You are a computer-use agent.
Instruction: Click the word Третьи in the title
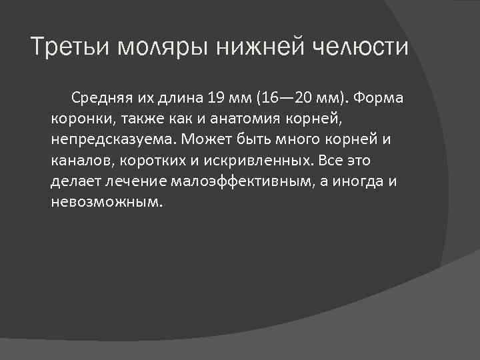click(x=72, y=48)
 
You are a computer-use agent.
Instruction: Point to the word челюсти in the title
click(x=365, y=48)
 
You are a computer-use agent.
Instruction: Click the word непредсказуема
click(x=105, y=141)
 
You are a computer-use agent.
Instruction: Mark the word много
click(x=296, y=141)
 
